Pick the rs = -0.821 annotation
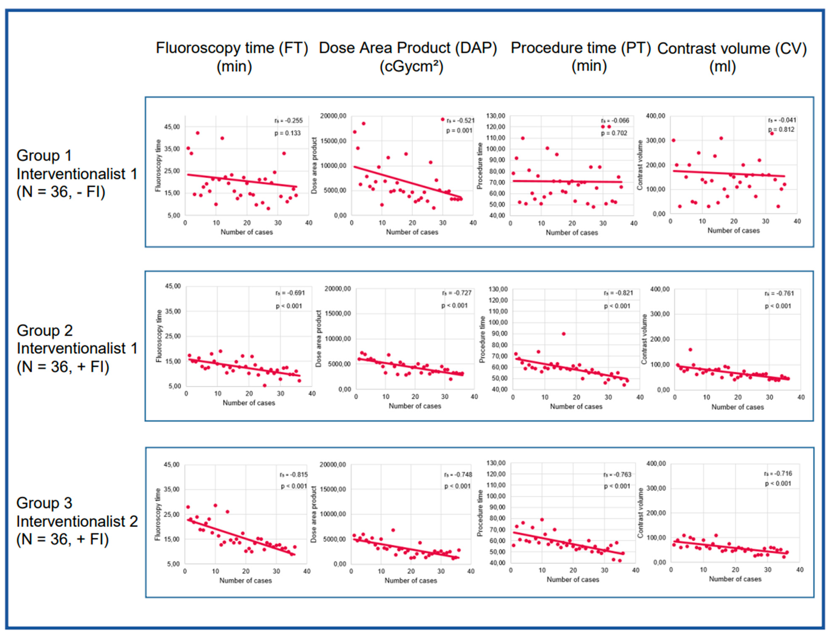coord(618,293)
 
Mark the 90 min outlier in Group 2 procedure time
coord(563,334)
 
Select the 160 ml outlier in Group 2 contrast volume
coord(690,350)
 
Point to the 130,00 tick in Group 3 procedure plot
coord(496,463)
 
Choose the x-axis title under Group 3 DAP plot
coord(411,580)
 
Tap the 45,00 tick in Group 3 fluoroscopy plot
coord(171,465)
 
